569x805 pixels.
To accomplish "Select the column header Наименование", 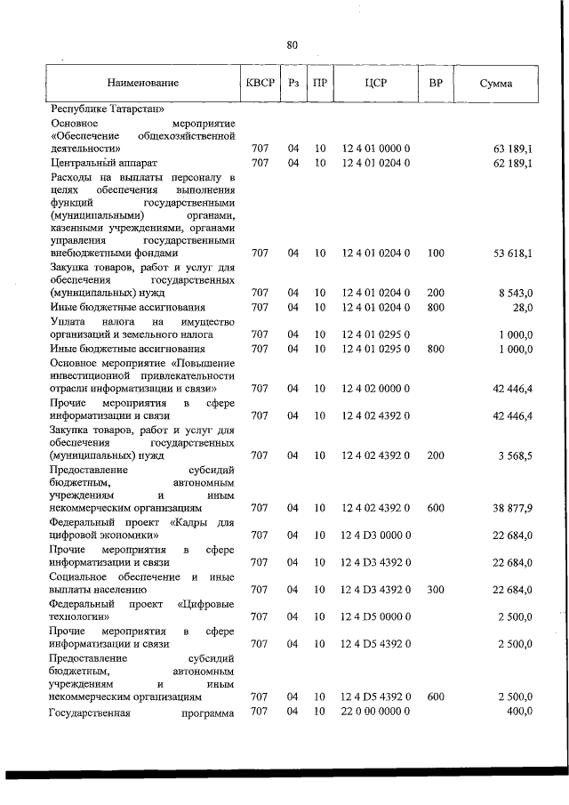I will (142, 83).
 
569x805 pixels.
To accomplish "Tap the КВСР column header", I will (260, 83).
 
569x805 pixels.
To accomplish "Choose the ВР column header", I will (436, 83).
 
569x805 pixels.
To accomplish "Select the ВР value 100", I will (436, 254).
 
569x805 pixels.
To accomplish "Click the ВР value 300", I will (436, 589).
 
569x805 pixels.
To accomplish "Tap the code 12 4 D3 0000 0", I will (374, 535).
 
